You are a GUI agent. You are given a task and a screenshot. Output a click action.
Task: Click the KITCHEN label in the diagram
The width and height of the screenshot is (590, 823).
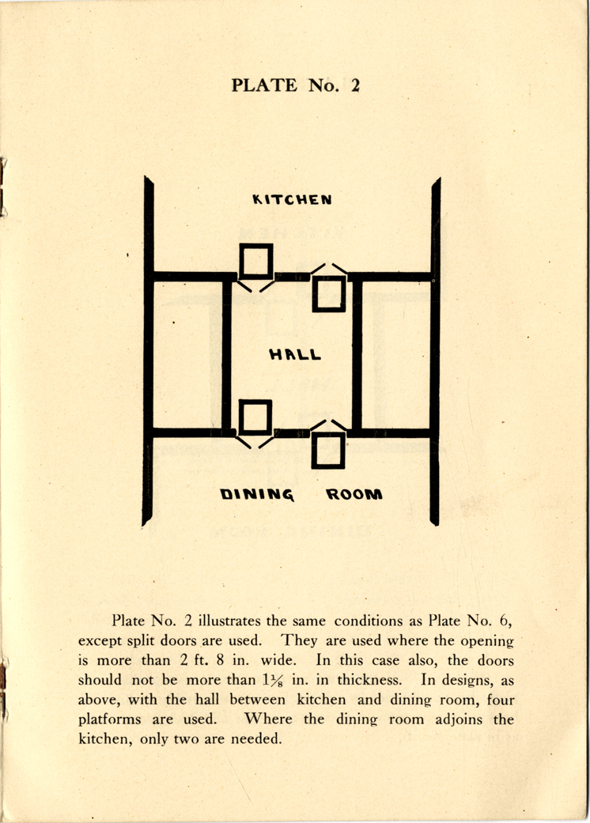[292, 199]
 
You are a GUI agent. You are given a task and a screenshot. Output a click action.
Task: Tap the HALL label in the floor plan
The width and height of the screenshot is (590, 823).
[295, 354]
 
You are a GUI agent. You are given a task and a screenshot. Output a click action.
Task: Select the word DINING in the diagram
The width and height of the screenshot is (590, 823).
[257, 494]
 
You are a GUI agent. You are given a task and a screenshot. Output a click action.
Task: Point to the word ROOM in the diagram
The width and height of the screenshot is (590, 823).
[354, 494]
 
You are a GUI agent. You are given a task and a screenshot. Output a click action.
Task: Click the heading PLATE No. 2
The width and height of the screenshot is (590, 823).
[296, 85]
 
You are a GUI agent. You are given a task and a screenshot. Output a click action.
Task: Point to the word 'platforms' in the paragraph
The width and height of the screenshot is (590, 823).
[110, 719]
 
